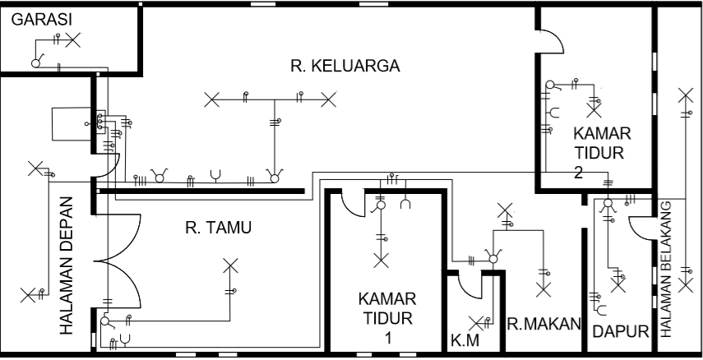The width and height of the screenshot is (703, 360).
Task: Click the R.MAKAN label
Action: pyautogui.click(x=543, y=323)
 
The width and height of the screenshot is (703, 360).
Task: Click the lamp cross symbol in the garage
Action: pyautogui.click(x=73, y=39)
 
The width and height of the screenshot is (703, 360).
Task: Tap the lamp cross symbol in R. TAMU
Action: pyautogui.click(x=231, y=265)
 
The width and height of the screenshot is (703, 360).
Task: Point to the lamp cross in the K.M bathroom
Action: pyautogui.click(x=474, y=321)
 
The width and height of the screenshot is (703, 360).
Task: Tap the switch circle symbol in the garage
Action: pyautogui.click(x=36, y=63)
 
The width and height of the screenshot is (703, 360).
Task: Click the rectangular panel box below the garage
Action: pyautogui.click(x=69, y=123)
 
